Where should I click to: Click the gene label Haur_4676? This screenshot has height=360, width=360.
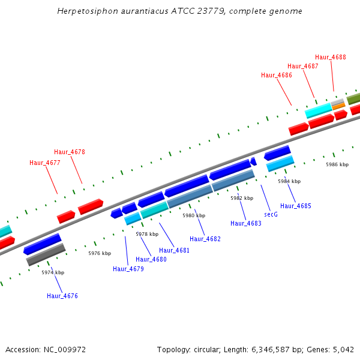pos(62,296)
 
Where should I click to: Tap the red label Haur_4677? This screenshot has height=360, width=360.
pos(45,163)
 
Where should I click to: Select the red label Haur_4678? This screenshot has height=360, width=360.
pos(70,152)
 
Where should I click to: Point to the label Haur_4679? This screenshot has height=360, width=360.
pos(128,269)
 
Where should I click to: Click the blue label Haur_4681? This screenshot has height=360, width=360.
pos(174,250)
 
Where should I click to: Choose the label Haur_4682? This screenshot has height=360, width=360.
pos(205,239)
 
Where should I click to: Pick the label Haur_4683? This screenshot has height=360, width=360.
pos(246,223)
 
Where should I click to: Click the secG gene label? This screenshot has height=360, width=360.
pos(271,214)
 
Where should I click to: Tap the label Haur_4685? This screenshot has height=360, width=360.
pos(296,206)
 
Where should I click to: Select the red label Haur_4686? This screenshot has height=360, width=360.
pos(277,75)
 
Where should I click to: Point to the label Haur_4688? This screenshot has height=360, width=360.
pos(331,57)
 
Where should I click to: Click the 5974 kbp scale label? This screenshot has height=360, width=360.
pos(53,272)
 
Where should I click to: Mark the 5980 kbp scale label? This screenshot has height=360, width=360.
pos(194,215)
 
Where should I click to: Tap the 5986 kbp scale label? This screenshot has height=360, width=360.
pos(337,164)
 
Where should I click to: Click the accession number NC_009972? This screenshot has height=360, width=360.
pos(70,349)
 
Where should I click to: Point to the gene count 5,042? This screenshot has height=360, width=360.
pos(343,349)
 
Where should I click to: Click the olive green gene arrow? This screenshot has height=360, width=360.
pos(353,98)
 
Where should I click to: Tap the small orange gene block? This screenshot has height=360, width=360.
pos(338,106)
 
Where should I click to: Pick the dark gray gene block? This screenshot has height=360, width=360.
pos(46,254)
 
